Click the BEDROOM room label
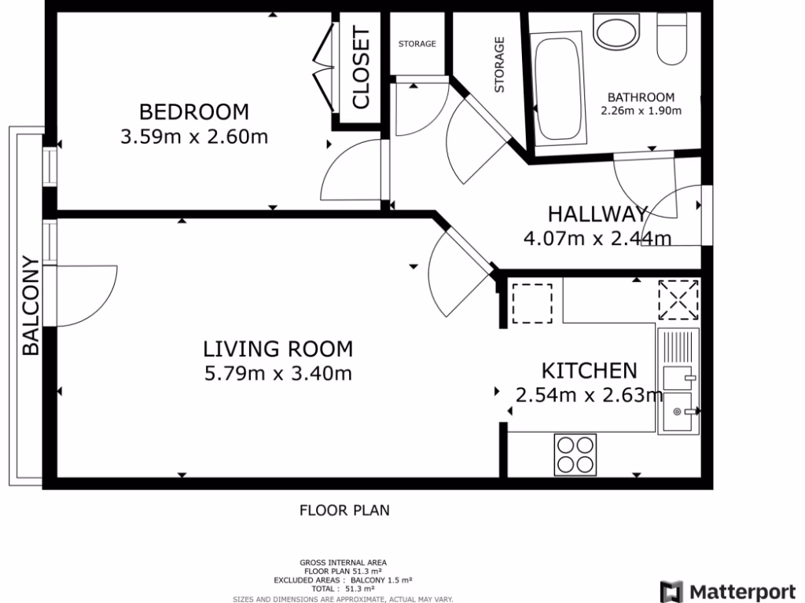[193, 111]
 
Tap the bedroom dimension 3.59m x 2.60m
[193, 137]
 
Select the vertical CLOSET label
[360, 68]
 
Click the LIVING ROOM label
[278, 349]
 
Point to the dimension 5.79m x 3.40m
[278, 374]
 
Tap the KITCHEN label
[589, 371]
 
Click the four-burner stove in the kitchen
[575, 455]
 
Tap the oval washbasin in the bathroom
[618, 33]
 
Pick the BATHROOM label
[641, 97]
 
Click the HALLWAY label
[597, 214]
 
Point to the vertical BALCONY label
[31, 305]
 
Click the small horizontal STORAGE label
[417, 44]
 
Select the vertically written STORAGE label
[499, 65]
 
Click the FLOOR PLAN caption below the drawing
[344, 510]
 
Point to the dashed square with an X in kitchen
[678, 300]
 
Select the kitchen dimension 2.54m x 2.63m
[589, 395]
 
